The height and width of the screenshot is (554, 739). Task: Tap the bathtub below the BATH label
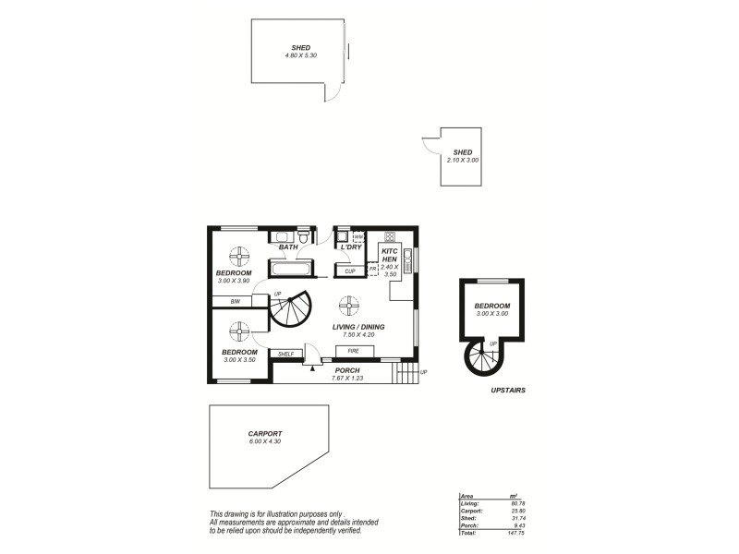click(290, 270)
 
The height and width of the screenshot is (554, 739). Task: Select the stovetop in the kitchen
click(389, 235)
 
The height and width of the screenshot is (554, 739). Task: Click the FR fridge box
click(372, 269)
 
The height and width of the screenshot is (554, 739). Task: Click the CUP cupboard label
click(349, 271)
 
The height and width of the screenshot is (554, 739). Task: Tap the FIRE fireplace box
click(353, 352)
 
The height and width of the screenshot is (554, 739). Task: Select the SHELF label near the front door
click(285, 353)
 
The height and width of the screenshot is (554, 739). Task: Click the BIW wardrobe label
click(236, 302)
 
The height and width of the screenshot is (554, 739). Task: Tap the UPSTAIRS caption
click(508, 391)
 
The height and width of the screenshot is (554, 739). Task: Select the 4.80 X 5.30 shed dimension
click(300, 55)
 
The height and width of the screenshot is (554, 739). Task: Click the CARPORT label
click(264, 433)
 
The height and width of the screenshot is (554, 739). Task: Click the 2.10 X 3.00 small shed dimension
click(462, 161)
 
